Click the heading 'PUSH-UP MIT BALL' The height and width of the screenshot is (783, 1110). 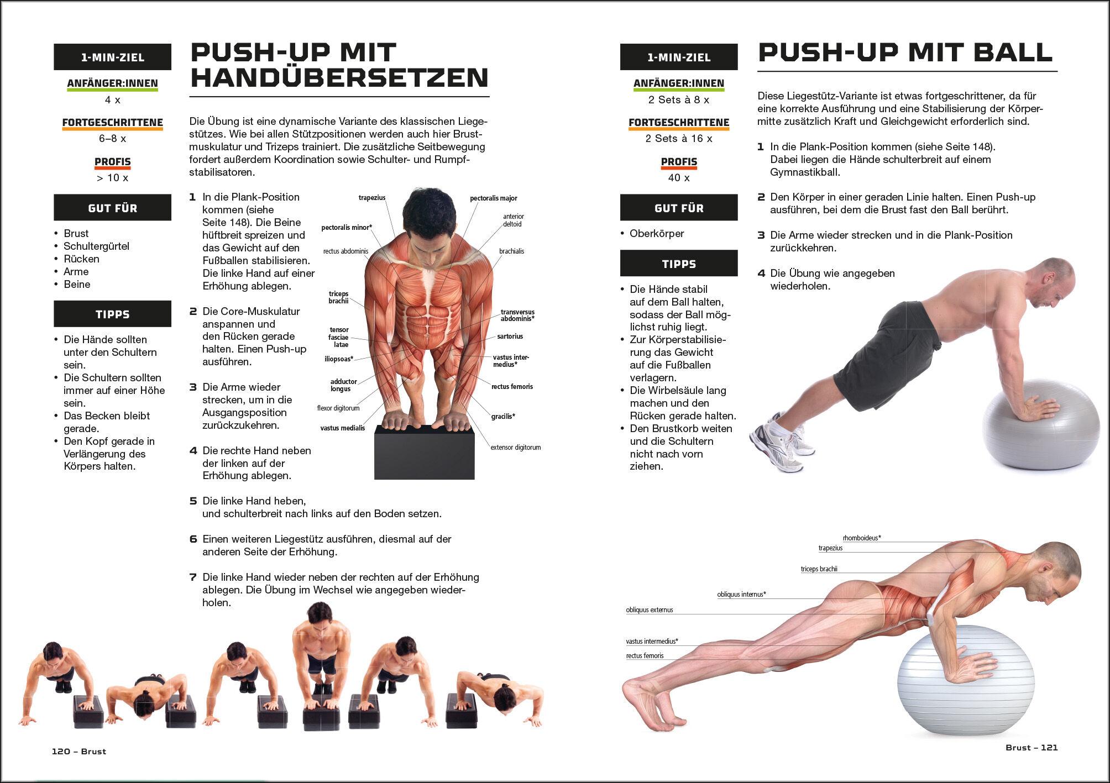pos(905,52)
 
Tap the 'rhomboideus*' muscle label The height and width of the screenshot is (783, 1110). pos(862,538)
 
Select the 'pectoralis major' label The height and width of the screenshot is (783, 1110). pos(494,198)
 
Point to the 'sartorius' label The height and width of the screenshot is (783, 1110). pos(510,336)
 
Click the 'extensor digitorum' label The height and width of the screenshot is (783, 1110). pos(516,447)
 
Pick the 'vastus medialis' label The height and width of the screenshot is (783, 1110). pos(343,428)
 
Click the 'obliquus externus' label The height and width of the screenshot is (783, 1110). pos(650,610)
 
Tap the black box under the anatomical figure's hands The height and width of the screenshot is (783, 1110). pos(424,452)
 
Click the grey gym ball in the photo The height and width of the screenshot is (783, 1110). pos(1041,424)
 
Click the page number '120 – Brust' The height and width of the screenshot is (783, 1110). pos(79,752)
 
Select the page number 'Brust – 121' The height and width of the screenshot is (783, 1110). pos(1032,748)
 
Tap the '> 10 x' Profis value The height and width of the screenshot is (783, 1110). pos(112,177)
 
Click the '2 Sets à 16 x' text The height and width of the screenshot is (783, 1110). pos(679,139)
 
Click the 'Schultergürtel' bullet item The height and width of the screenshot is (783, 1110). pos(96,246)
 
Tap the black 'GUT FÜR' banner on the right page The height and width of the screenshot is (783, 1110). pos(679,208)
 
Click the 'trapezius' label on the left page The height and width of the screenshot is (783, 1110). pos(372,198)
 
